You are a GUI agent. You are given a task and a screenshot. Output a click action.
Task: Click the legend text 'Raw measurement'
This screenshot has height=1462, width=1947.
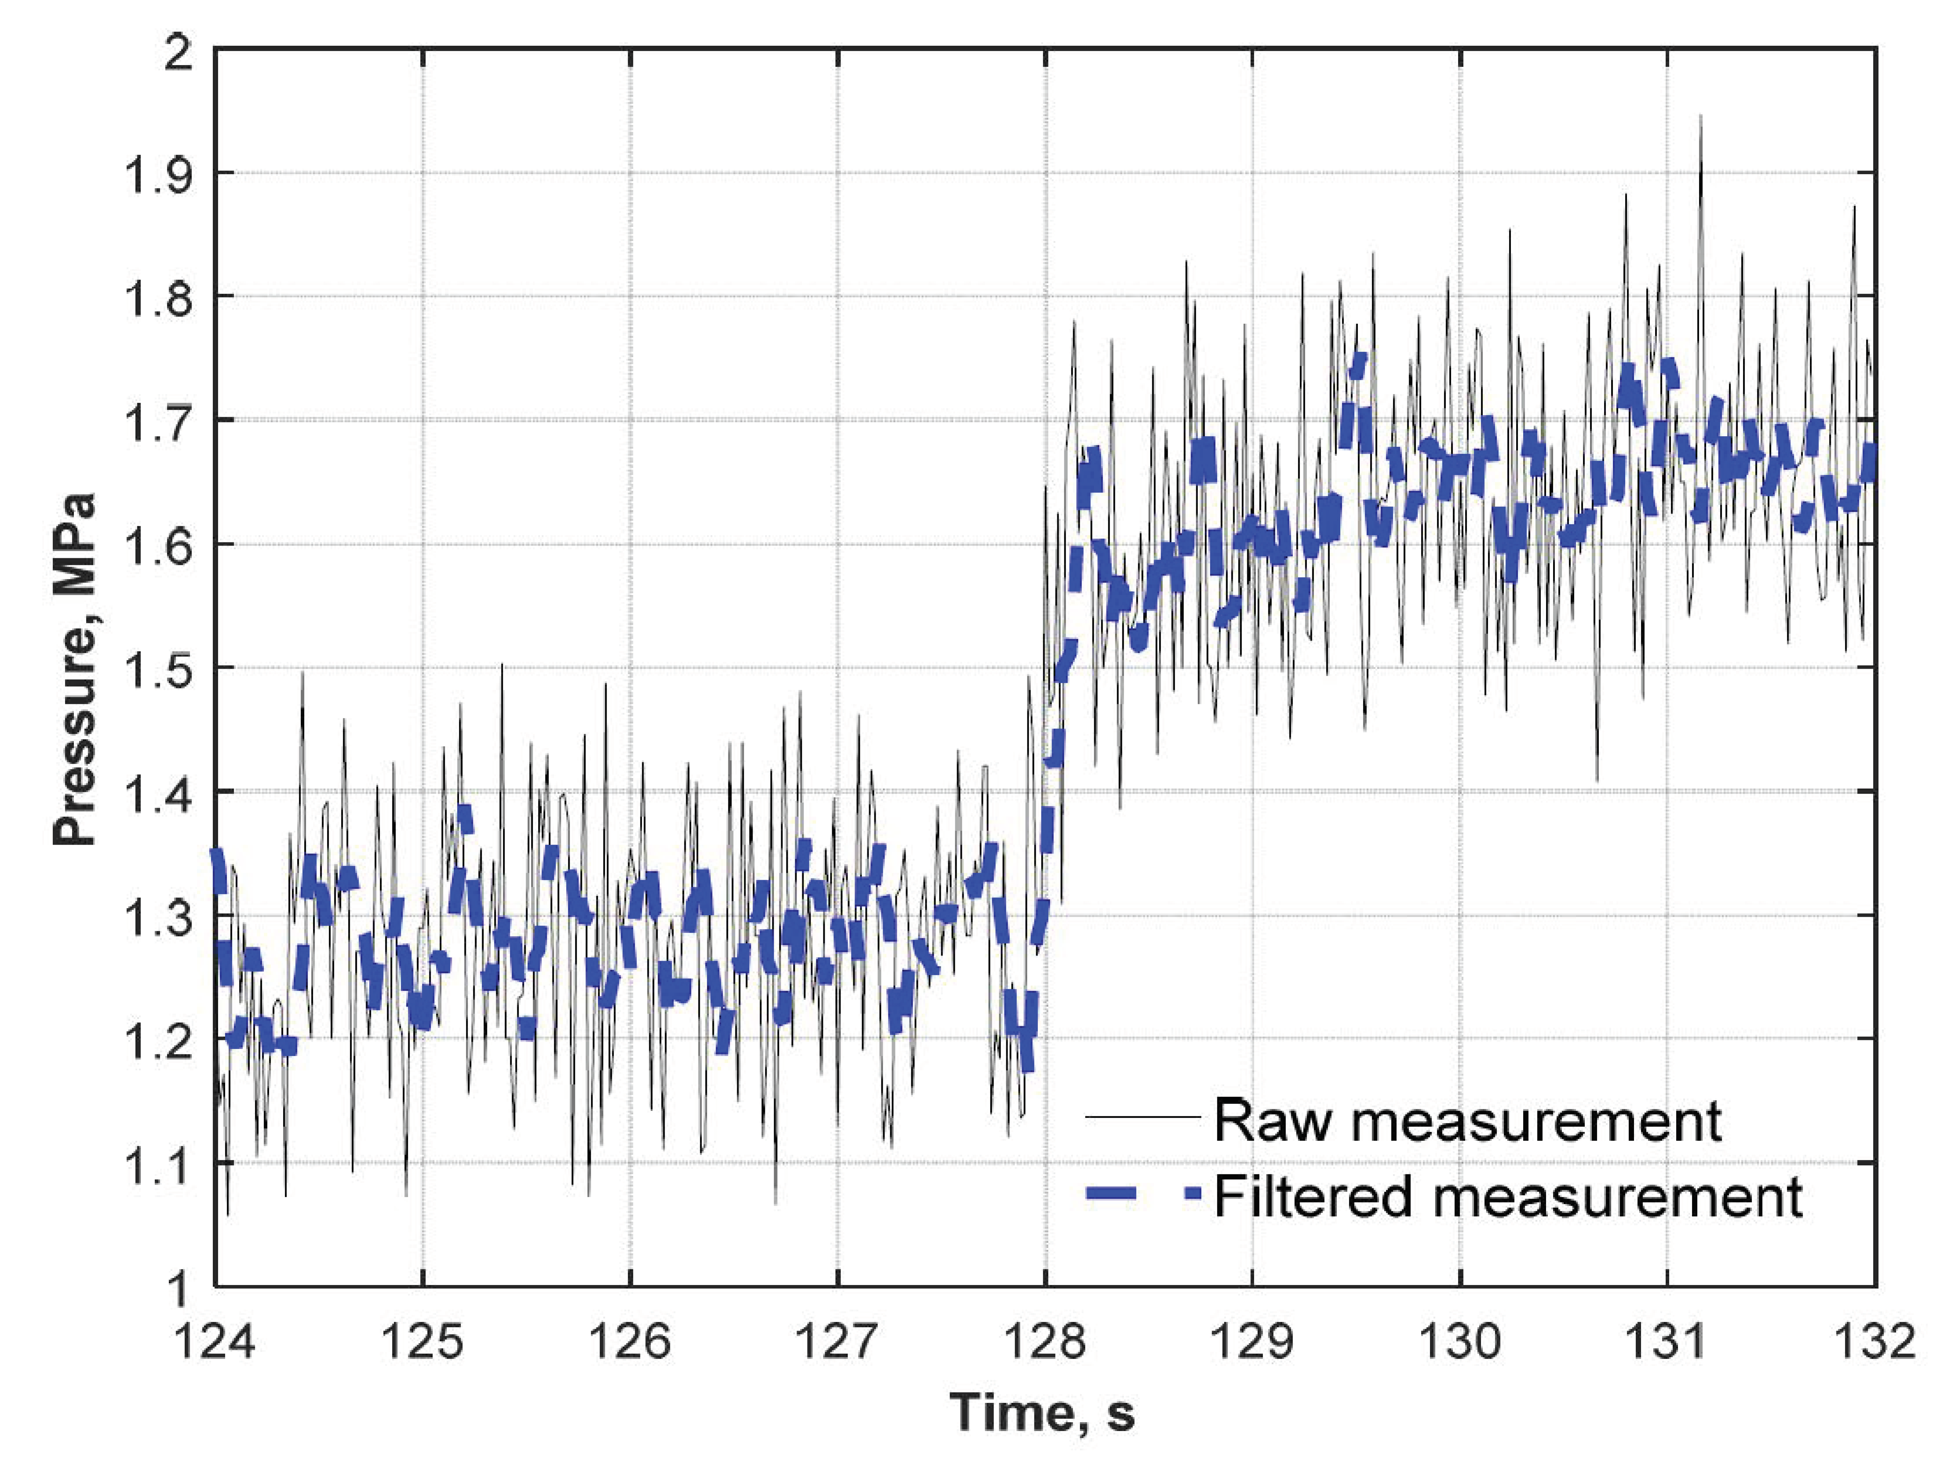(1467, 1120)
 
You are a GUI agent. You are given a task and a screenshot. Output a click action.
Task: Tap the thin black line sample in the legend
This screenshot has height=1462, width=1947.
(1143, 1118)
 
